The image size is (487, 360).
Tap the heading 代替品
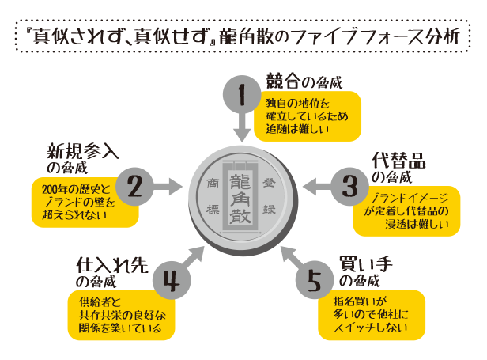point(398,159)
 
